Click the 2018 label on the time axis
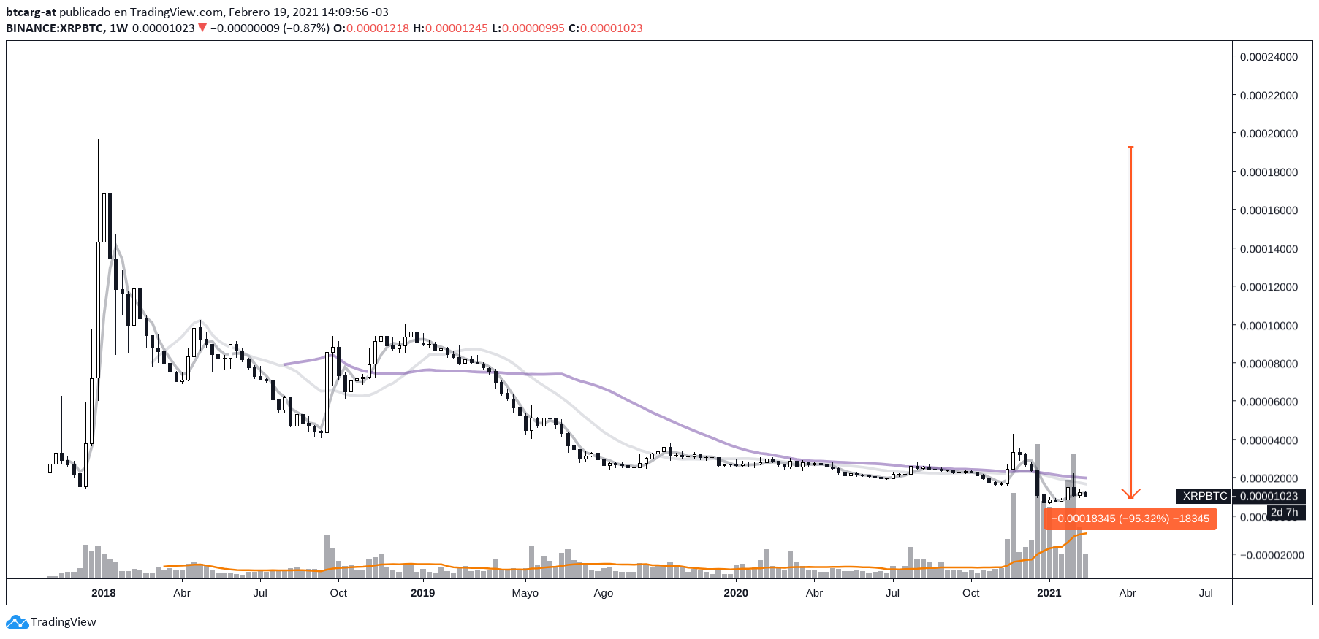104,593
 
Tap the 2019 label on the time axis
422,593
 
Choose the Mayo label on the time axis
525,593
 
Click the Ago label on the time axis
603,593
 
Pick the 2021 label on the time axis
1049,593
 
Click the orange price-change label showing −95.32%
1130,519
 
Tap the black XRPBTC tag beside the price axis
1204,496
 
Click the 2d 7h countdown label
1284,512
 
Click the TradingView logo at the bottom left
51,622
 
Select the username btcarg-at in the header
31,12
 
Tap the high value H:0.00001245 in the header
450,28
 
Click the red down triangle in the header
202,28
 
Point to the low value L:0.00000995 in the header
528,28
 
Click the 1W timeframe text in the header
118,28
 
